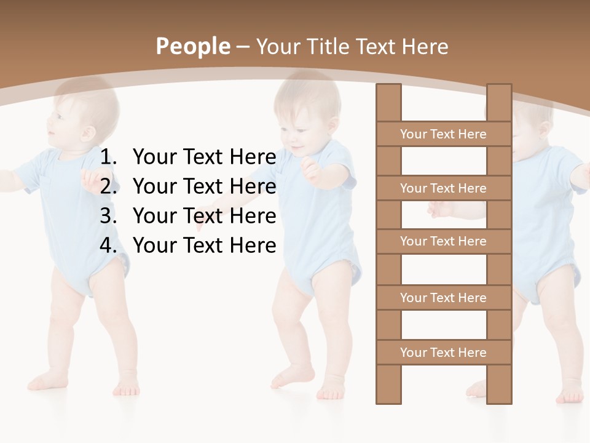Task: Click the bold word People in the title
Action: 192,46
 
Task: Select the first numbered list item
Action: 204,157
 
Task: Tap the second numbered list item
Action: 204,186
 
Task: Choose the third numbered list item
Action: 204,216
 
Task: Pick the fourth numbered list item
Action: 204,245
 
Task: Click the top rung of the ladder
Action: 443,134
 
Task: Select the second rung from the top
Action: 443,188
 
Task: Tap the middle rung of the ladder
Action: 443,241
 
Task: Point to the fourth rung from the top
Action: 443,298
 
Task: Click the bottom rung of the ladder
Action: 443,353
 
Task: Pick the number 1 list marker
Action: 108,157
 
